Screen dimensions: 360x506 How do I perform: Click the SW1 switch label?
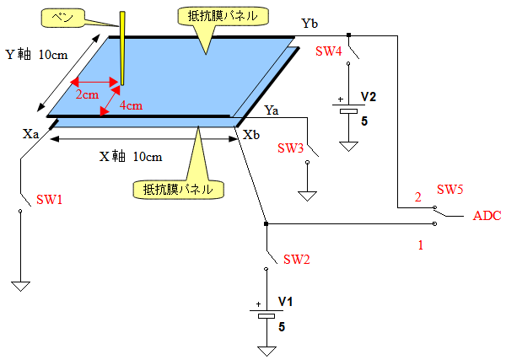tap(49, 201)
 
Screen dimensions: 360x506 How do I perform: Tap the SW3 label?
tap(290, 148)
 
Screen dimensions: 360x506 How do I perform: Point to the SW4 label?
tap(328, 51)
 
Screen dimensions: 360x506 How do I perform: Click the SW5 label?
tap(451, 189)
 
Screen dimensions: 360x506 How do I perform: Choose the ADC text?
tap(487, 216)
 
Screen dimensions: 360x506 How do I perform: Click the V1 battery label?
tap(286, 301)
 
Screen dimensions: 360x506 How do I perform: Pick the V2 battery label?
tap(369, 97)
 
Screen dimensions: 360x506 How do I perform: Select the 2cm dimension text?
tap(86, 94)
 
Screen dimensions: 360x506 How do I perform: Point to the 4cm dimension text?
tap(130, 106)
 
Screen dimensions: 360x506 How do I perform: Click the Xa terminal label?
tap(31, 133)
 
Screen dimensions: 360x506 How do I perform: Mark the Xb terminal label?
tap(250, 134)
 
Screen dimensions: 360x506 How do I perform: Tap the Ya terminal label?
tap(272, 110)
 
